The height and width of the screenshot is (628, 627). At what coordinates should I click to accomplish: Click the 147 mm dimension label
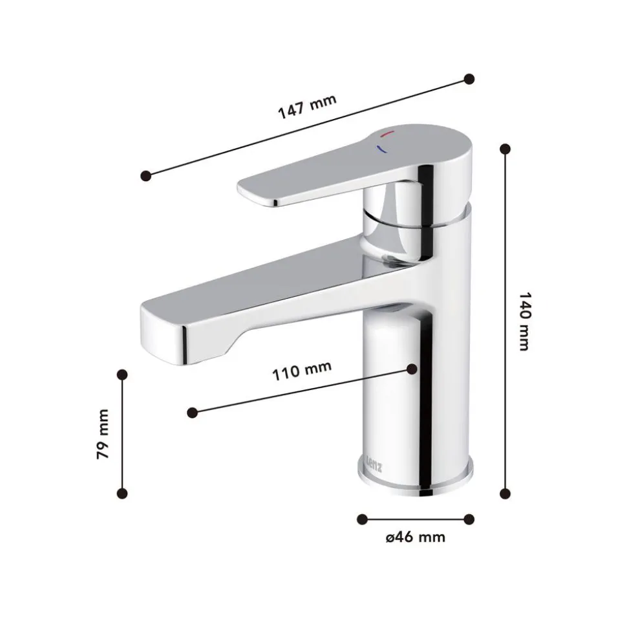(x=307, y=107)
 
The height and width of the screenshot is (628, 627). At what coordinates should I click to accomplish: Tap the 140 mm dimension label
(x=524, y=321)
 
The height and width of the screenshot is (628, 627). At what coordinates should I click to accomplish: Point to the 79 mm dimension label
(x=103, y=434)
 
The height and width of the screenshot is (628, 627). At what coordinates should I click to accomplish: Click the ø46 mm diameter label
(x=416, y=537)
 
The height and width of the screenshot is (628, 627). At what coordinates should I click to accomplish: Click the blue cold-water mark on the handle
(x=381, y=149)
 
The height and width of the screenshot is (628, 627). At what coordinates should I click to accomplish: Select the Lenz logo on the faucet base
(x=374, y=463)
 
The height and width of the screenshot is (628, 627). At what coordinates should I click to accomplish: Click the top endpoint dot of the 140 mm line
(x=505, y=149)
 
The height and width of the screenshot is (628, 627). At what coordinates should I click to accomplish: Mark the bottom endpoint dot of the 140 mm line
(x=505, y=493)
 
